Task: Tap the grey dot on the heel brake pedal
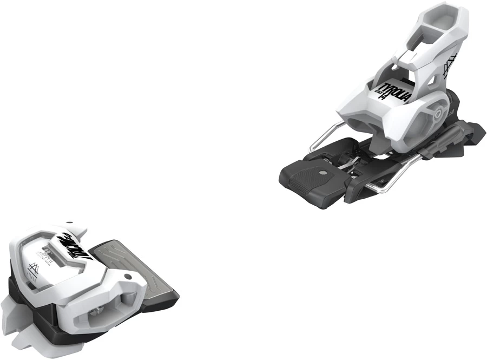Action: tap(323, 173)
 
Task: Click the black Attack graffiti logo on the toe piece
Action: tap(74, 246)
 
